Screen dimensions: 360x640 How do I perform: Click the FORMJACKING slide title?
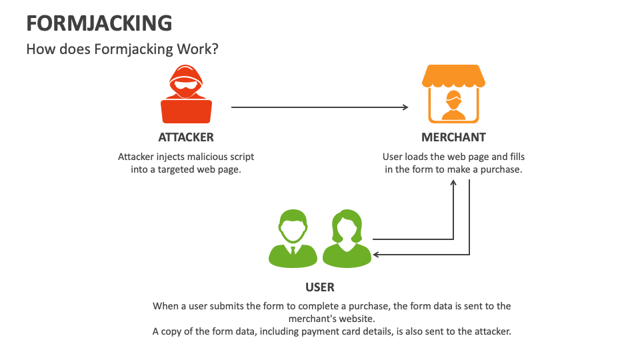pyautogui.click(x=99, y=23)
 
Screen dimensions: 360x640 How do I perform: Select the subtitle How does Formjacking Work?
pyautogui.click(x=122, y=49)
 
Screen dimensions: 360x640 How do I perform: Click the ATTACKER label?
pyautogui.click(x=186, y=137)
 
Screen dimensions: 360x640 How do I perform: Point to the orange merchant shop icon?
pyautogui.click(x=453, y=94)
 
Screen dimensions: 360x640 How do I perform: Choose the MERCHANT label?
pyautogui.click(x=453, y=137)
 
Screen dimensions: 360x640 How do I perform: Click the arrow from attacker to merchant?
pyautogui.click(x=319, y=107)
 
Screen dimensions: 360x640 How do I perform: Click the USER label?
pyautogui.click(x=320, y=287)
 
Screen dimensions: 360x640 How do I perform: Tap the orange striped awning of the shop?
pyautogui.click(x=453, y=76)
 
